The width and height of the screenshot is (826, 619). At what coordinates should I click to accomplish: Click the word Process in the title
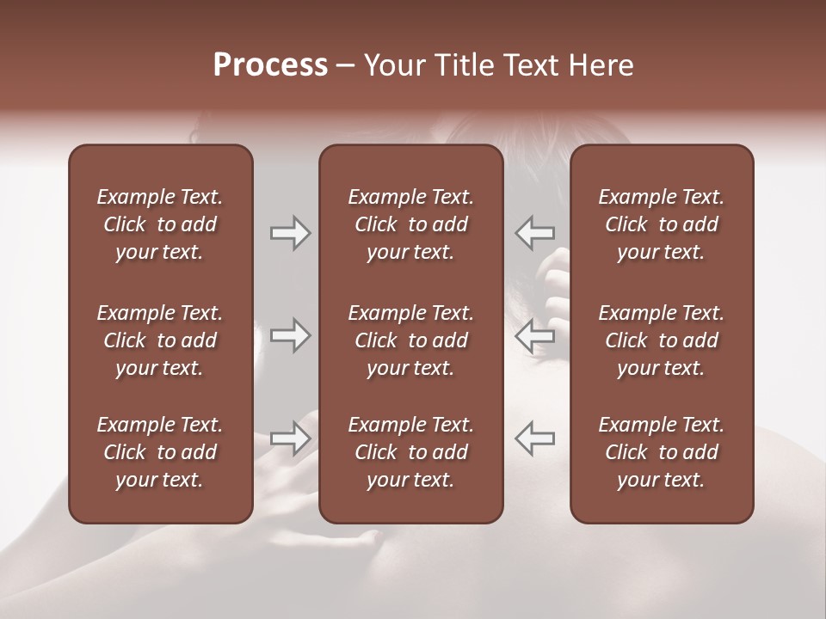270,65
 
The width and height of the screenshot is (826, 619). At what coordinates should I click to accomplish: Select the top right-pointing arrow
290,233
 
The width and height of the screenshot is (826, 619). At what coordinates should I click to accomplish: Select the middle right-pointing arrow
290,336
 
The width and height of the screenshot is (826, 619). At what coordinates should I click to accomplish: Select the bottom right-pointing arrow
290,438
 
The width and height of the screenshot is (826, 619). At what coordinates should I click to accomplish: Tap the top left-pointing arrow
535,233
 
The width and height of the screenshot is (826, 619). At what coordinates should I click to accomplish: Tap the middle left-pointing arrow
535,336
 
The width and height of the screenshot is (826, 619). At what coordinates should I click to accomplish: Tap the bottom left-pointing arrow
535,438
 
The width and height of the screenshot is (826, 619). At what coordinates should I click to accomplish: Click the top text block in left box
160,224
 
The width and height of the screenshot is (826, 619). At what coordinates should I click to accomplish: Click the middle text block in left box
160,340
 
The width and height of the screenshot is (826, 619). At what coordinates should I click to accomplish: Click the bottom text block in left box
160,452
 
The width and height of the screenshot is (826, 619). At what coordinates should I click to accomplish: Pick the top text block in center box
410,224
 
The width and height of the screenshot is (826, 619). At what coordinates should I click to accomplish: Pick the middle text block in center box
410,340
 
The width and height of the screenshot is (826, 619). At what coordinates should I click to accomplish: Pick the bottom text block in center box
410,452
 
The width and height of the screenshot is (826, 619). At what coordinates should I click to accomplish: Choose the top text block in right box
661,224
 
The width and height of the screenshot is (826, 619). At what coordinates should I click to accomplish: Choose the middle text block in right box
661,340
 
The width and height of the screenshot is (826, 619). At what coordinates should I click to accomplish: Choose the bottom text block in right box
661,452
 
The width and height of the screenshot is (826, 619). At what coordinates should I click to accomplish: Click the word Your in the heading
392,65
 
